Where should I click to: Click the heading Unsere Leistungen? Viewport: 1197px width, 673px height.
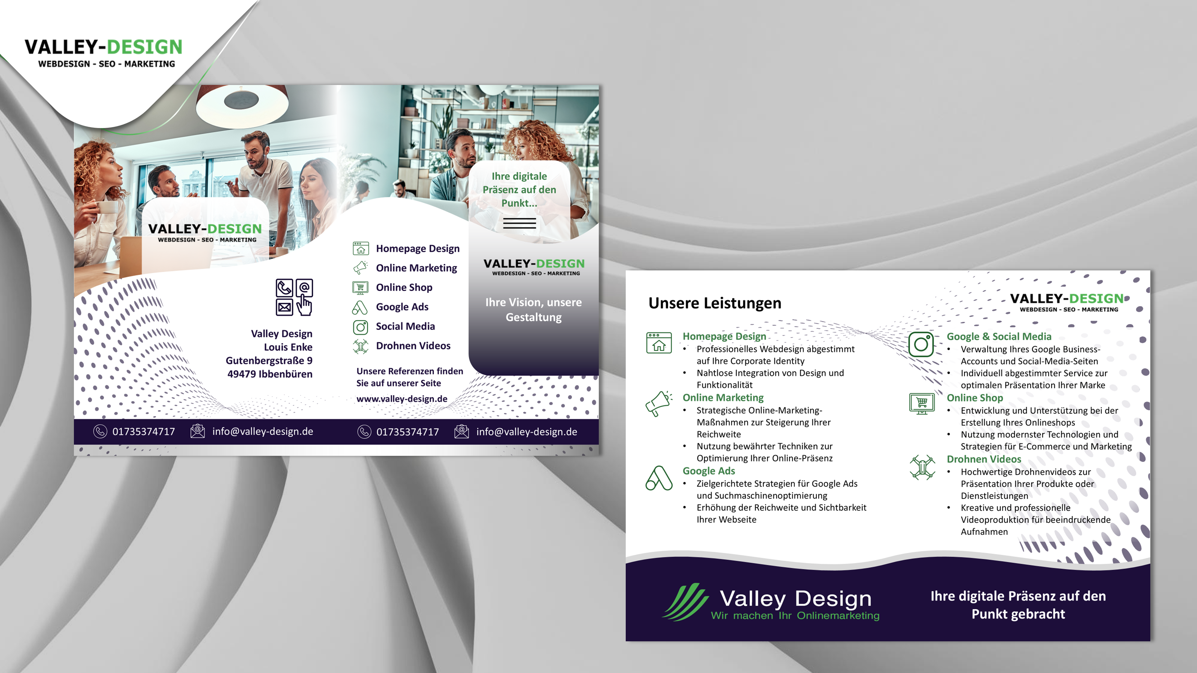pos(715,303)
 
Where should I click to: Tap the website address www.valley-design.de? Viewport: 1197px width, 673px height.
pos(402,398)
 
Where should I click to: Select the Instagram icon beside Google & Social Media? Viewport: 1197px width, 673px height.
pos(921,344)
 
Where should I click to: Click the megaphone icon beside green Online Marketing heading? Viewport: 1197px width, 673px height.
pos(658,404)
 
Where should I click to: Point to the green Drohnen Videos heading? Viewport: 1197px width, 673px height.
pos(984,459)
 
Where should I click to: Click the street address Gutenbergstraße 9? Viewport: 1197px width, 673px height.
pos(269,360)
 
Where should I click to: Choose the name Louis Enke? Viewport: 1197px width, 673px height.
pos(288,347)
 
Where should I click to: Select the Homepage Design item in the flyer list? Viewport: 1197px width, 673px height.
pos(406,249)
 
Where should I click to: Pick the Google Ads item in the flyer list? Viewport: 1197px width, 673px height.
pos(390,307)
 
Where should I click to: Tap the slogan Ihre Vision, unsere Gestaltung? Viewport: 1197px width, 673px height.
pos(534,310)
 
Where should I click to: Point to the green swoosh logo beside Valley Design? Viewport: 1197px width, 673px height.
pos(685,602)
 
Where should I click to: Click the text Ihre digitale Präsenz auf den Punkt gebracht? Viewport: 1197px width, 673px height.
pos(1018,605)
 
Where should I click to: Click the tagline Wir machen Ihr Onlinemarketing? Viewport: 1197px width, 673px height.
pos(795,615)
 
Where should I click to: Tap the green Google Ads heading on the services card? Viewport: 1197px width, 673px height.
pos(709,471)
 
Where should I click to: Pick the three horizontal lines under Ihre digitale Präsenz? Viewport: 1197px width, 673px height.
pos(519,223)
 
